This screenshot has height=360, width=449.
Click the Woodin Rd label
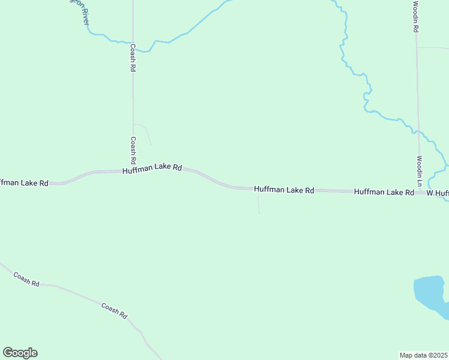[415, 17]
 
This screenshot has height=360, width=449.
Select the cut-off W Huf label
[438, 193]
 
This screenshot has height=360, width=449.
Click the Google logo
[20, 353]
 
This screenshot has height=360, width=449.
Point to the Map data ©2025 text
[424, 355]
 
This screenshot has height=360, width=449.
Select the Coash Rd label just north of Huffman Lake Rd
[133, 150]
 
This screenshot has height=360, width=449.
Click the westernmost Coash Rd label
[27, 278]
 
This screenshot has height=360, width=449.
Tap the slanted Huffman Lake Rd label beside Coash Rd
[152, 169]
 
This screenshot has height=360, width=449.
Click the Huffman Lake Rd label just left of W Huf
[384, 192]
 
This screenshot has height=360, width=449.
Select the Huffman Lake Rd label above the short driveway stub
[284, 190]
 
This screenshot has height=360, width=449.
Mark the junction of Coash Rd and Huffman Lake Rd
[133, 171]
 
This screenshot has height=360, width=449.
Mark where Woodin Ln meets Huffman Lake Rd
[420, 192]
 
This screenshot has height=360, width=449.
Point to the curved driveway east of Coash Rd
[145, 133]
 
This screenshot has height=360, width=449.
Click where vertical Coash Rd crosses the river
[133, 43]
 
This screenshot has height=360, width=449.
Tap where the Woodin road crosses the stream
[418, 130]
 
